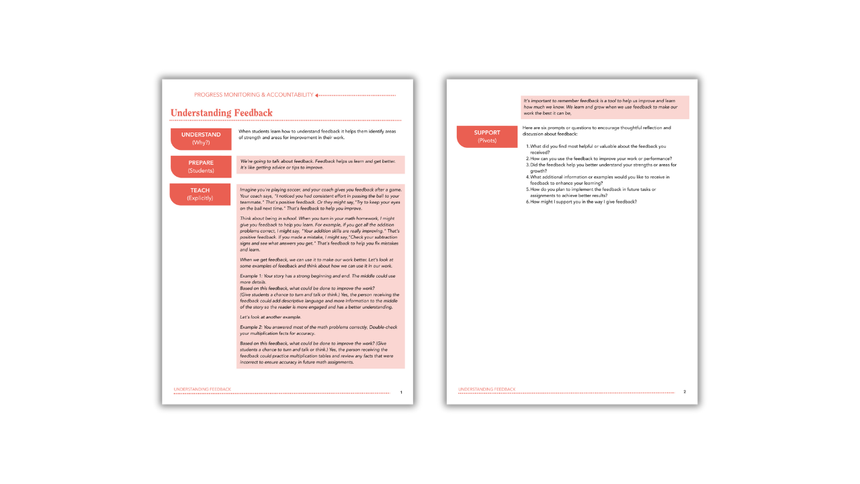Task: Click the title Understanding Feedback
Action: [x=222, y=113]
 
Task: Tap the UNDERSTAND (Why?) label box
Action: [x=201, y=138]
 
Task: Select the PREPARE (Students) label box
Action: [x=201, y=166]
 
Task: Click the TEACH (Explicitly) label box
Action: [x=200, y=194]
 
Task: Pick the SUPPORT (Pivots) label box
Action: [x=487, y=136]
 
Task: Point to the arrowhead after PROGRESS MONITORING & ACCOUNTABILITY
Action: [x=317, y=95]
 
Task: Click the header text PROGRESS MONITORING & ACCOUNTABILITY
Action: [x=253, y=95]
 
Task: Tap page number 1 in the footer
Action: [x=401, y=392]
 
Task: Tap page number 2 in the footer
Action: [x=685, y=392]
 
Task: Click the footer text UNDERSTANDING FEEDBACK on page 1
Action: [x=202, y=389]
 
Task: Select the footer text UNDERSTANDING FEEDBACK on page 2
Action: [x=487, y=389]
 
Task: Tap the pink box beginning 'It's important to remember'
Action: [x=605, y=107]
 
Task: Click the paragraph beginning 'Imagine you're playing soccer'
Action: [x=320, y=199]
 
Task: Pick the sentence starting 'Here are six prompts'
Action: [x=596, y=130]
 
